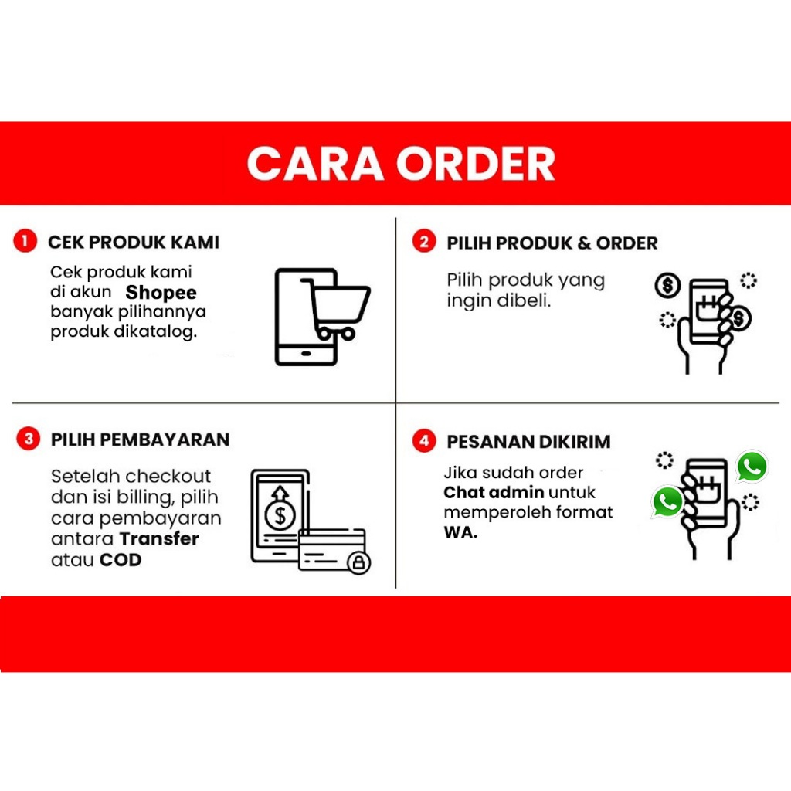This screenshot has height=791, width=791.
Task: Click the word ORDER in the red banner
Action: click(x=476, y=164)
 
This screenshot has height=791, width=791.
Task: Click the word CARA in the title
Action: click(x=315, y=164)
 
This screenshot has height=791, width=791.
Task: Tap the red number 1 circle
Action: click(x=25, y=241)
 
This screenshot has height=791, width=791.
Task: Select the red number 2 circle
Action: click(x=424, y=242)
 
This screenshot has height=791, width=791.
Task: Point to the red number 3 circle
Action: click(x=29, y=439)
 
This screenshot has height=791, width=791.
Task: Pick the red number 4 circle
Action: click(x=424, y=441)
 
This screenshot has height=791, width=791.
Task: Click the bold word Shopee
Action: click(x=161, y=293)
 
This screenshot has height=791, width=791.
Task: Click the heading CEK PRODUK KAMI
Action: click(x=134, y=242)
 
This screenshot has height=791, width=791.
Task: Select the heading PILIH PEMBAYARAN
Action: click(x=141, y=440)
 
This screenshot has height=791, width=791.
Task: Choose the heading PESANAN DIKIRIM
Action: click(x=528, y=442)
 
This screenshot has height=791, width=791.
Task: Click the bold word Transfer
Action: click(x=159, y=538)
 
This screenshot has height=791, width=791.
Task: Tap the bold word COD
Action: click(x=121, y=560)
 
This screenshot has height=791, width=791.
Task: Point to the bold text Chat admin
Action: click(x=494, y=492)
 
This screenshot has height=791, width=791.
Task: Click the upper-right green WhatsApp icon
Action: click(x=752, y=466)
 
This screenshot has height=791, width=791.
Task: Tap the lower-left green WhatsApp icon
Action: click(x=667, y=502)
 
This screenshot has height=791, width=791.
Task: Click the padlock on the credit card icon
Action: click(x=358, y=562)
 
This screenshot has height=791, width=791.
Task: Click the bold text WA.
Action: click(x=460, y=532)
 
